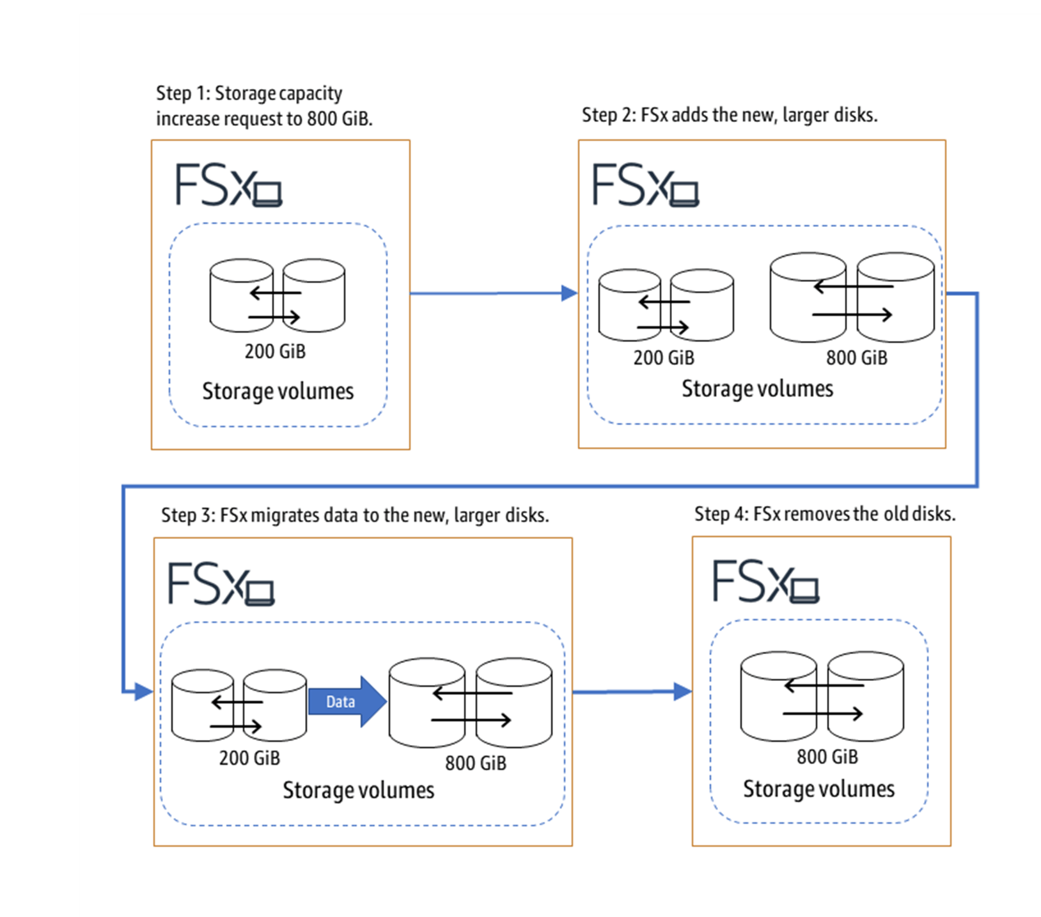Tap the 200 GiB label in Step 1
(x=275, y=351)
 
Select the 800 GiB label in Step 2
(x=856, y=357)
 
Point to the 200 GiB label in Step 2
(x=664, y=357)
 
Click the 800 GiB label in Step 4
(x=827, y=757)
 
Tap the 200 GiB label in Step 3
(x=249, y=758)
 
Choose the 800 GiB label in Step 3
(x=475, y=763)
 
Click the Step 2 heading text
(x=729, y=115)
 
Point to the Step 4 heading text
(x=824, y=514)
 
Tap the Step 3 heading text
(x=355, y=515)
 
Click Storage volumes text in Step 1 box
(x=278, y=391)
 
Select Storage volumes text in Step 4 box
(x=818, y=789)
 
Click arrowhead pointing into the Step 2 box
(x=568, y=294)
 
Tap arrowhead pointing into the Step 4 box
(x=682, y=691)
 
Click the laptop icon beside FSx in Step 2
(x=684, y=194)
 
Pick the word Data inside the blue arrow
(x=340, y=701)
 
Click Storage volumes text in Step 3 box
(x=358, y=790)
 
